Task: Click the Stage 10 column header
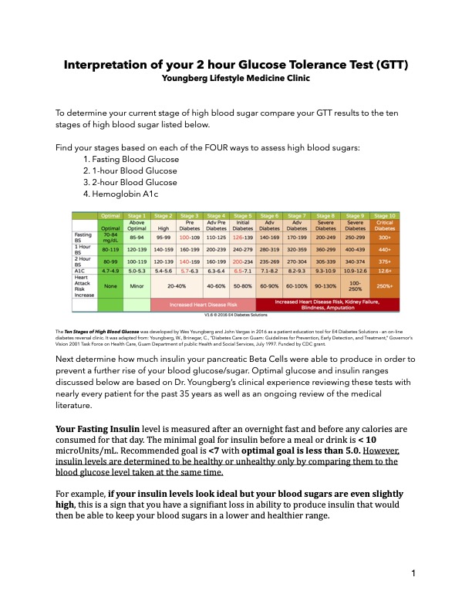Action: (x=383, y=216)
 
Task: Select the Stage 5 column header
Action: (x=243, y=216)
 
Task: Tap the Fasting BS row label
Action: (x=83, y=238)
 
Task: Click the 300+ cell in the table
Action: (x=383, y=238)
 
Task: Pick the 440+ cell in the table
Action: (x=383, y=250)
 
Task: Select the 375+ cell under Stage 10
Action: (x=383, y=261)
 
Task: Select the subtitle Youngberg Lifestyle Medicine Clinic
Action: (x=235, y=77)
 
